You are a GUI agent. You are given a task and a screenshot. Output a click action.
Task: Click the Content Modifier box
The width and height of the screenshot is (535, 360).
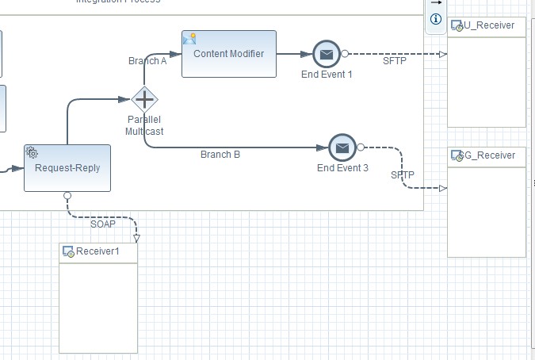point(229,54)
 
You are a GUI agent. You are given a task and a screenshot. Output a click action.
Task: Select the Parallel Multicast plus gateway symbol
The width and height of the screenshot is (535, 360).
point(144,100)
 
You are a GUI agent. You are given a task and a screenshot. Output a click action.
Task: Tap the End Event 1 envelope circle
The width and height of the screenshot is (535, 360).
point(326,54)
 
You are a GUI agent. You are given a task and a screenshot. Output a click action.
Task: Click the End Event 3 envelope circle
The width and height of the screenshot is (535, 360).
point(342,147)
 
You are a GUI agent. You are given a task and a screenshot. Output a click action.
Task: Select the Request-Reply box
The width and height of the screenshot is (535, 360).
point(67,167)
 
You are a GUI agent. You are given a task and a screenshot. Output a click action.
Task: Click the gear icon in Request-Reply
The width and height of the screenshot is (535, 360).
point(32,152)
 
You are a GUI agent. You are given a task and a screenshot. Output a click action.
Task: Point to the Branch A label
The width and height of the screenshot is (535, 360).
point(147,61)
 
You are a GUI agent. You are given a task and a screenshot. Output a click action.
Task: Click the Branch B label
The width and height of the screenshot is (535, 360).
point(220,155)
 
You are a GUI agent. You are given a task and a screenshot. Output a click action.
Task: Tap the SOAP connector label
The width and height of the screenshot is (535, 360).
point(102,224)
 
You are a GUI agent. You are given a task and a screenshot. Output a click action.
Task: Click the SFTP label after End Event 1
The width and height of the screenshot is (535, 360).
point(394,61)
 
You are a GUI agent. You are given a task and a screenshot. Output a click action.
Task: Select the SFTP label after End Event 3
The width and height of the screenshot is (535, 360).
point(402,174)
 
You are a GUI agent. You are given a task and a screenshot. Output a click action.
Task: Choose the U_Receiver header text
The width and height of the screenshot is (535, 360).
point(490,25)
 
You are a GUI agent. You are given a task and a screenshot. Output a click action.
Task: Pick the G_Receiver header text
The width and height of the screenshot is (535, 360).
point(490,155)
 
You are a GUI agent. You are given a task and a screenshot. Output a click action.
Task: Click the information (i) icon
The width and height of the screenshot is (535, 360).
point(435,19)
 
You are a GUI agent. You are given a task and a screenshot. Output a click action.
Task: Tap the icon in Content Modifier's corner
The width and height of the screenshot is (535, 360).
point(189,38)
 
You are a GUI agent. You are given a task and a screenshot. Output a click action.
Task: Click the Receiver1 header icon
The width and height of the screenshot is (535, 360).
point(69,252)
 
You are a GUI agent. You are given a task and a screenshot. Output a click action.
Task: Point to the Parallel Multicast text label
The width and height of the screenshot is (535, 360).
point(143,125)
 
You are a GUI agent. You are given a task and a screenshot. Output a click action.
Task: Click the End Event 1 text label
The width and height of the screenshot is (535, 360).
point(327,74)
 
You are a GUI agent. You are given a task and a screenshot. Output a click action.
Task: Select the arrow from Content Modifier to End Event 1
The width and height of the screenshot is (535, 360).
point(293,54)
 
